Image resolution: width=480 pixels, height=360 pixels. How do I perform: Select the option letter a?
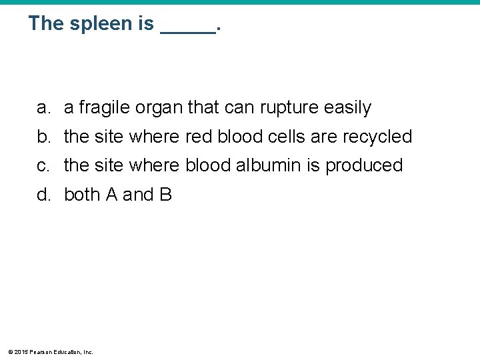[43, 107]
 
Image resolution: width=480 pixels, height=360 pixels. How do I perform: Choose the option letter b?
[43, 137]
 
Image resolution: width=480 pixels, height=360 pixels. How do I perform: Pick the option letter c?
[43, 165]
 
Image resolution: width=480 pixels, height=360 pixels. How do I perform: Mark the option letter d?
[43, 195]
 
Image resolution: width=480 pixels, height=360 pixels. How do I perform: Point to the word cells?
[286, 137]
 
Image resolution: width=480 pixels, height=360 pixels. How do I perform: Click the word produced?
[364, 165]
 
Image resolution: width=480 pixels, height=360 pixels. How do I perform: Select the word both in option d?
[82, 195]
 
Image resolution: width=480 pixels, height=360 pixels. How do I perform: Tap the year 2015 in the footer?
[21, 351]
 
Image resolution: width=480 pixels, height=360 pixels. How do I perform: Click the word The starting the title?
[45, 24]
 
